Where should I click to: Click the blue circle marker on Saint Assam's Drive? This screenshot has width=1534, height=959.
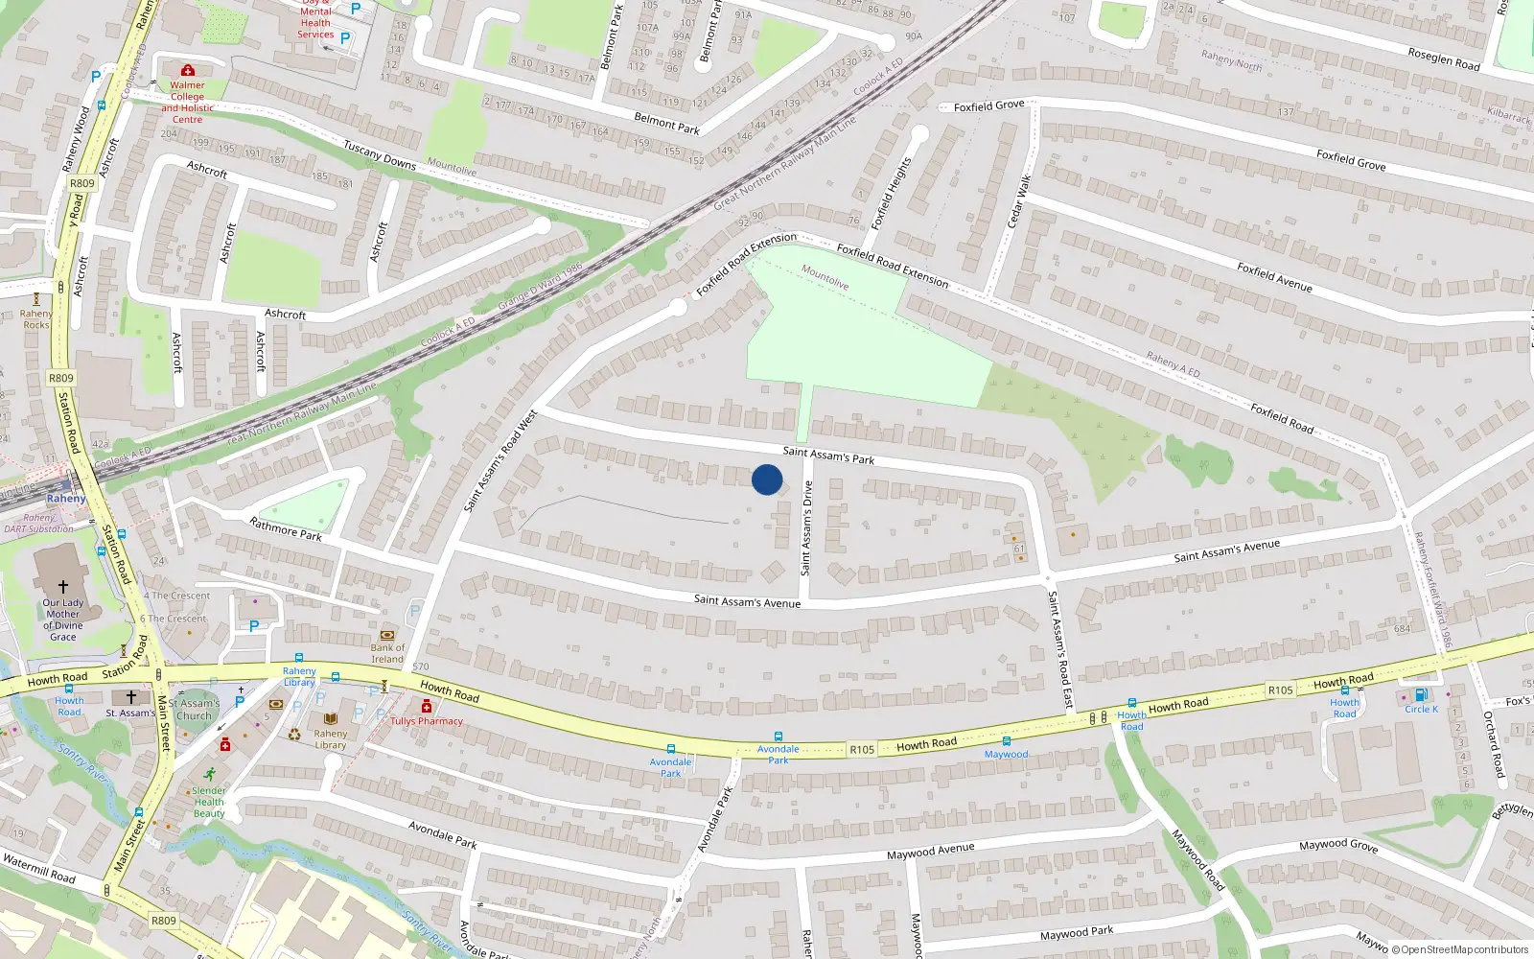tap(767, 479)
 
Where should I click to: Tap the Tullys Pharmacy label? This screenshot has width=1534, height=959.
tap(427, 721)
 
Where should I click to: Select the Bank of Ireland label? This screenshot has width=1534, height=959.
tap(387, 653)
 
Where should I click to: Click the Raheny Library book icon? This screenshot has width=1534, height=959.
tap(331, 718)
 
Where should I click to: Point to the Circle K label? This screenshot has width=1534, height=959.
tap(1421, 710)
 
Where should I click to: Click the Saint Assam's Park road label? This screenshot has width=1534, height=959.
tap(828, 455)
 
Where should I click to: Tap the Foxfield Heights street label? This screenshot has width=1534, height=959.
tap(890, 194)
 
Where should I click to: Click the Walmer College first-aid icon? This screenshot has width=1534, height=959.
tap(188, 70)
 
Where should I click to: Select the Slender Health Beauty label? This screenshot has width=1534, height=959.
tap(209, 803)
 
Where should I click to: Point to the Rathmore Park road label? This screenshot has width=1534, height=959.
tap(286, 528)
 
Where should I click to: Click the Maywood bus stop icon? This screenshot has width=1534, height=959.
tap(1006, 741)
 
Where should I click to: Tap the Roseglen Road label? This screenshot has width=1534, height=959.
tap(1443, 58)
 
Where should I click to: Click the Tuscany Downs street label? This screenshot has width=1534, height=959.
tap(380, 155)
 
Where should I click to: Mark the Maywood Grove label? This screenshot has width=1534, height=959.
tap(1337, 845)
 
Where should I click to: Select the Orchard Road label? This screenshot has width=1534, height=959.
tap(1494, 743)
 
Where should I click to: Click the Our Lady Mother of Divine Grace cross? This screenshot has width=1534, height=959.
tap(63, 586)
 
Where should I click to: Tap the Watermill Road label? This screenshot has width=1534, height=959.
tap(38, 869)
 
